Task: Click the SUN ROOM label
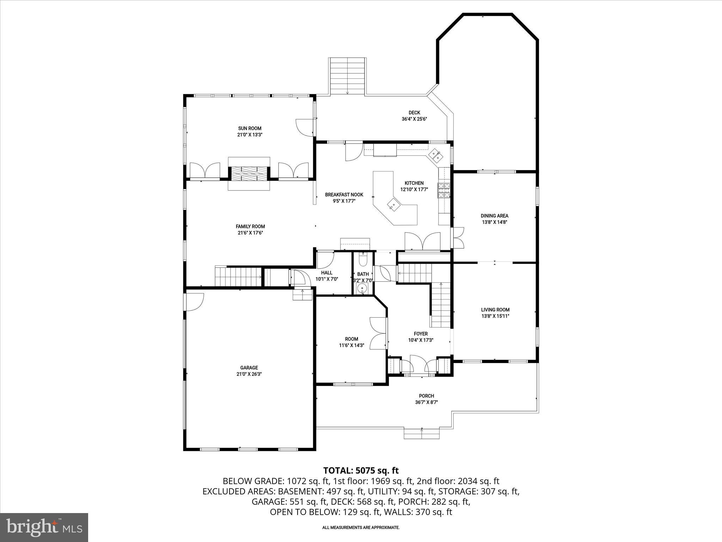point(250,128)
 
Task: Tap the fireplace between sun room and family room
point(249,173)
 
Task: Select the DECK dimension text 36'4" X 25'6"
point(414,119)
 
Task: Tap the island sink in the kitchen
point(394,204)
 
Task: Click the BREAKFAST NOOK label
point(344,195)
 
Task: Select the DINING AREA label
point(494,216)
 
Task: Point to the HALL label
point(326,273)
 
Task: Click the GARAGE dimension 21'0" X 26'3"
point(249,374)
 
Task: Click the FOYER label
point(421,334)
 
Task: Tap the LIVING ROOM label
point(495,310)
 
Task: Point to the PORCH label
point(426,396)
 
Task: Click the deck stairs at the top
point(347,76)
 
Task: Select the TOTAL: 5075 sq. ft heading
point(361,470)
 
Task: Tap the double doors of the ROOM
point(379,333)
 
